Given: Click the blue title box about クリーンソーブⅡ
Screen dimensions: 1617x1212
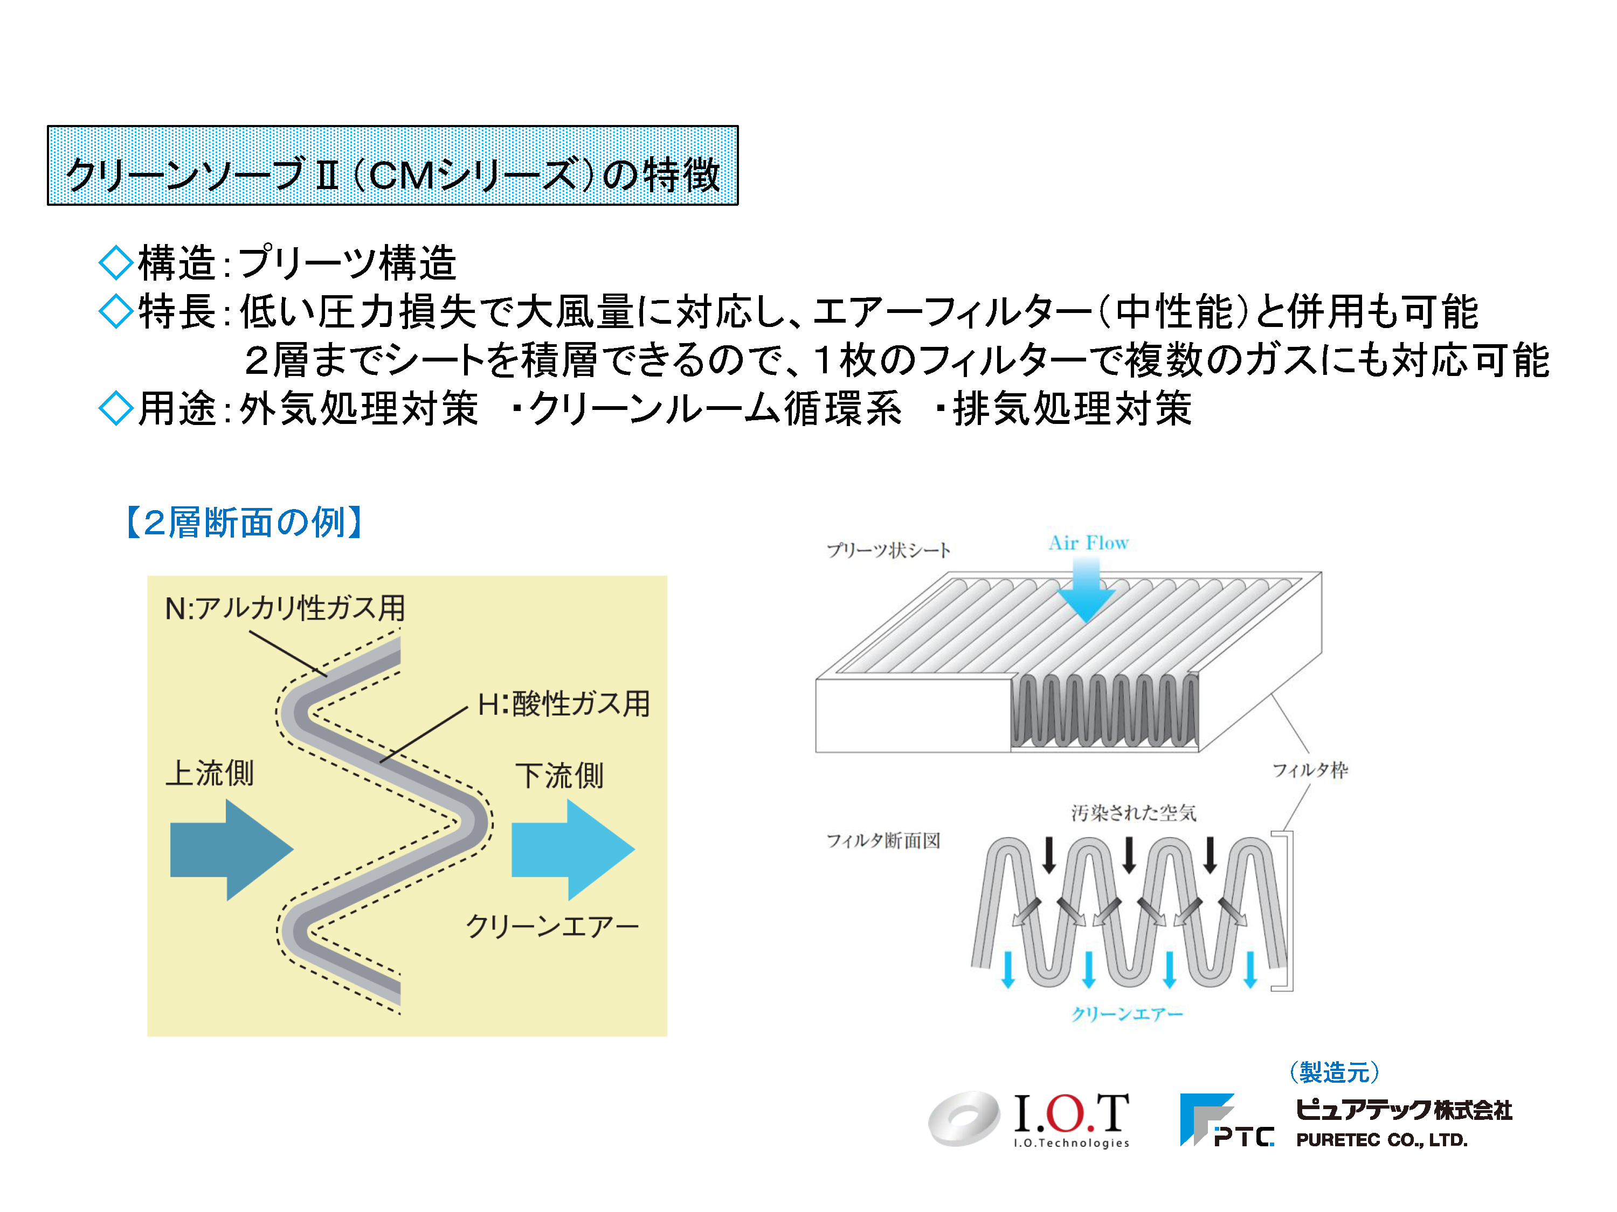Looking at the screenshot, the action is pyautogui.click(x=392, y=165).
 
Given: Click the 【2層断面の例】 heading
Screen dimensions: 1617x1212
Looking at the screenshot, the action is pyautogui.click(x=244, y=523).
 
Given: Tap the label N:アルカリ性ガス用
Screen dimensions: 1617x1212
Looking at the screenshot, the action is pyautogui.click(x=285, y=608).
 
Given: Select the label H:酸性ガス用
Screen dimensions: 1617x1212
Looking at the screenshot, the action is pyautogui.click(x=564, y=704).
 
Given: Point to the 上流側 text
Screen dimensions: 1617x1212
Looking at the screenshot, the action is pyautogui.click(x=210, y=773).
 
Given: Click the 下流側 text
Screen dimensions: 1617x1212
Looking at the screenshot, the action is pyautogui.click(x=560, y=776).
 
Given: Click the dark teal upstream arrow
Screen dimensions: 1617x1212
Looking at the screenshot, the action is pyautogui.click(x=232, y=849).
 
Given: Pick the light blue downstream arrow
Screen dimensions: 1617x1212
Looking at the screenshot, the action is pyautogui.click(x=573, y=849).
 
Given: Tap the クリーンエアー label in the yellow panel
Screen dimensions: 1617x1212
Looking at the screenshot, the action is pyautogui.click(x=552, y=927).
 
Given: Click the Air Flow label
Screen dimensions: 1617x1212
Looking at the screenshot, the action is pyautogui.click(x=1088, y=543).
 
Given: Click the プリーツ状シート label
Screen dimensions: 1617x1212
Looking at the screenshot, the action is pyautogui.click(x=889, y=549).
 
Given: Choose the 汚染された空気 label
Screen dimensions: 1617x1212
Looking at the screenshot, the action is pyautogui.click(x=1134, y=812).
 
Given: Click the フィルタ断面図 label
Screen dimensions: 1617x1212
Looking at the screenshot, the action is pyautogui.click(x=883, y=840).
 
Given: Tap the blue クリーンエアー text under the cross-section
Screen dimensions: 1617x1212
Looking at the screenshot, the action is pyautogui.click(x=1127, y=1013).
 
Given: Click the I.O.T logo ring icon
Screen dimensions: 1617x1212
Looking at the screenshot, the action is pyautogui.click(x=964, y=1118).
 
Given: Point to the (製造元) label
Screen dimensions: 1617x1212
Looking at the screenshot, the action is pyautogui.click(x=1334, y=1072).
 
